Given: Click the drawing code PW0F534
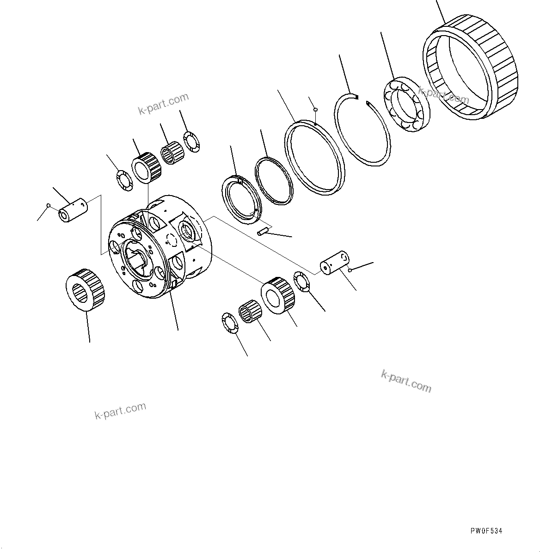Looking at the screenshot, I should click(x=486, y=531).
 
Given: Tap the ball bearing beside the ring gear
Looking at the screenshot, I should click(x=406, y=105).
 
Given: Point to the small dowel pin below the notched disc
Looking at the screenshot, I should click(x=263, y=232).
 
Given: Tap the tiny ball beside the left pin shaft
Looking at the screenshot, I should click(x=48, y=205).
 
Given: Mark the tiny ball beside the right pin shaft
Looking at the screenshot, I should click(x=352, y=270).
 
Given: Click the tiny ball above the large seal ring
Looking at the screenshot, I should click(x=315, y=110).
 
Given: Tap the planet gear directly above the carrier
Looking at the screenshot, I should click(x=147, y=167).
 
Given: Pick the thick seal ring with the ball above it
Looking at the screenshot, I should click(x=315, y=157).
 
